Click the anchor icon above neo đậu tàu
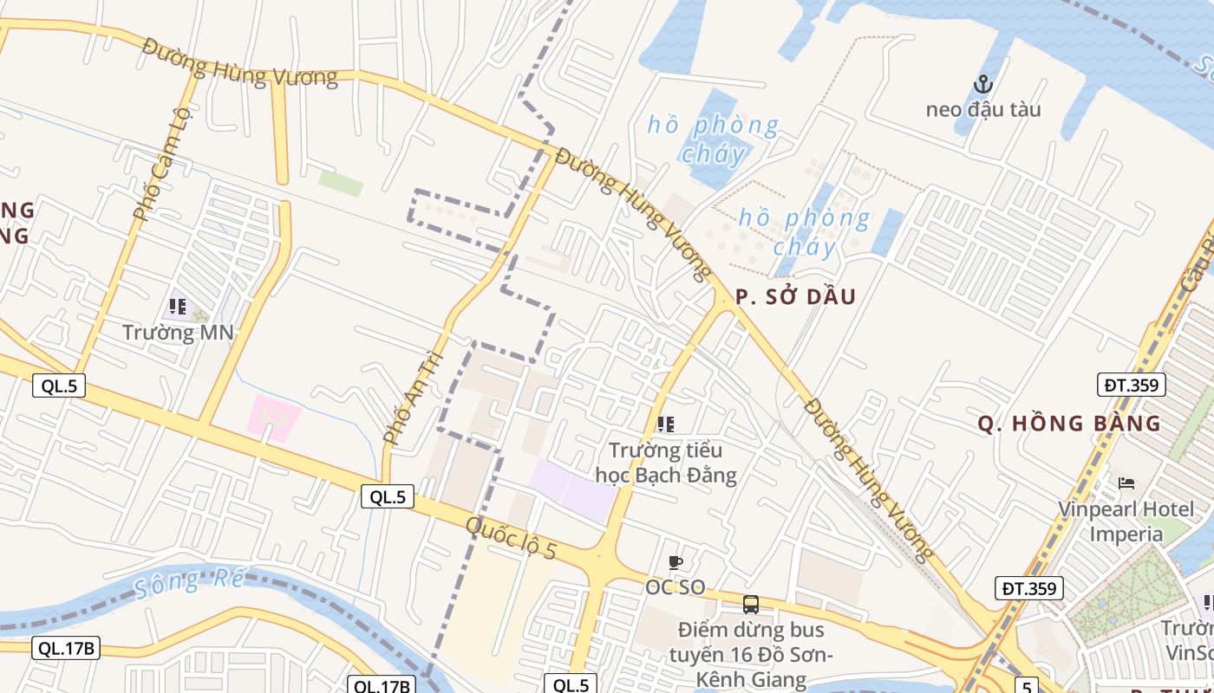tap(982, 84)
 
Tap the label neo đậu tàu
tap(982, 110)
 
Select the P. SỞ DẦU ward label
tap(795, 297)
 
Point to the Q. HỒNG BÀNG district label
tap(1069, 424)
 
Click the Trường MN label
tap(179, 332)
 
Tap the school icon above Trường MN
tap(178, 306)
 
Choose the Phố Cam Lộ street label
tap(161, 165)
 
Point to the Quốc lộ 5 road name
tap(511, 538)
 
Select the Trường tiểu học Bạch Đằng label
tap(666, 463)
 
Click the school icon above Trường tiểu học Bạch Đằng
tap(665, 424)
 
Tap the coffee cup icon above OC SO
tap(675, 562)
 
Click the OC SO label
tap(675, 587)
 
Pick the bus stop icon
tap(751, 605)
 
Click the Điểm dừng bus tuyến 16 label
tap(751, 654)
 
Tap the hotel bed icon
tap(1126, 483)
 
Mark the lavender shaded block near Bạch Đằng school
tap(572, 490)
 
